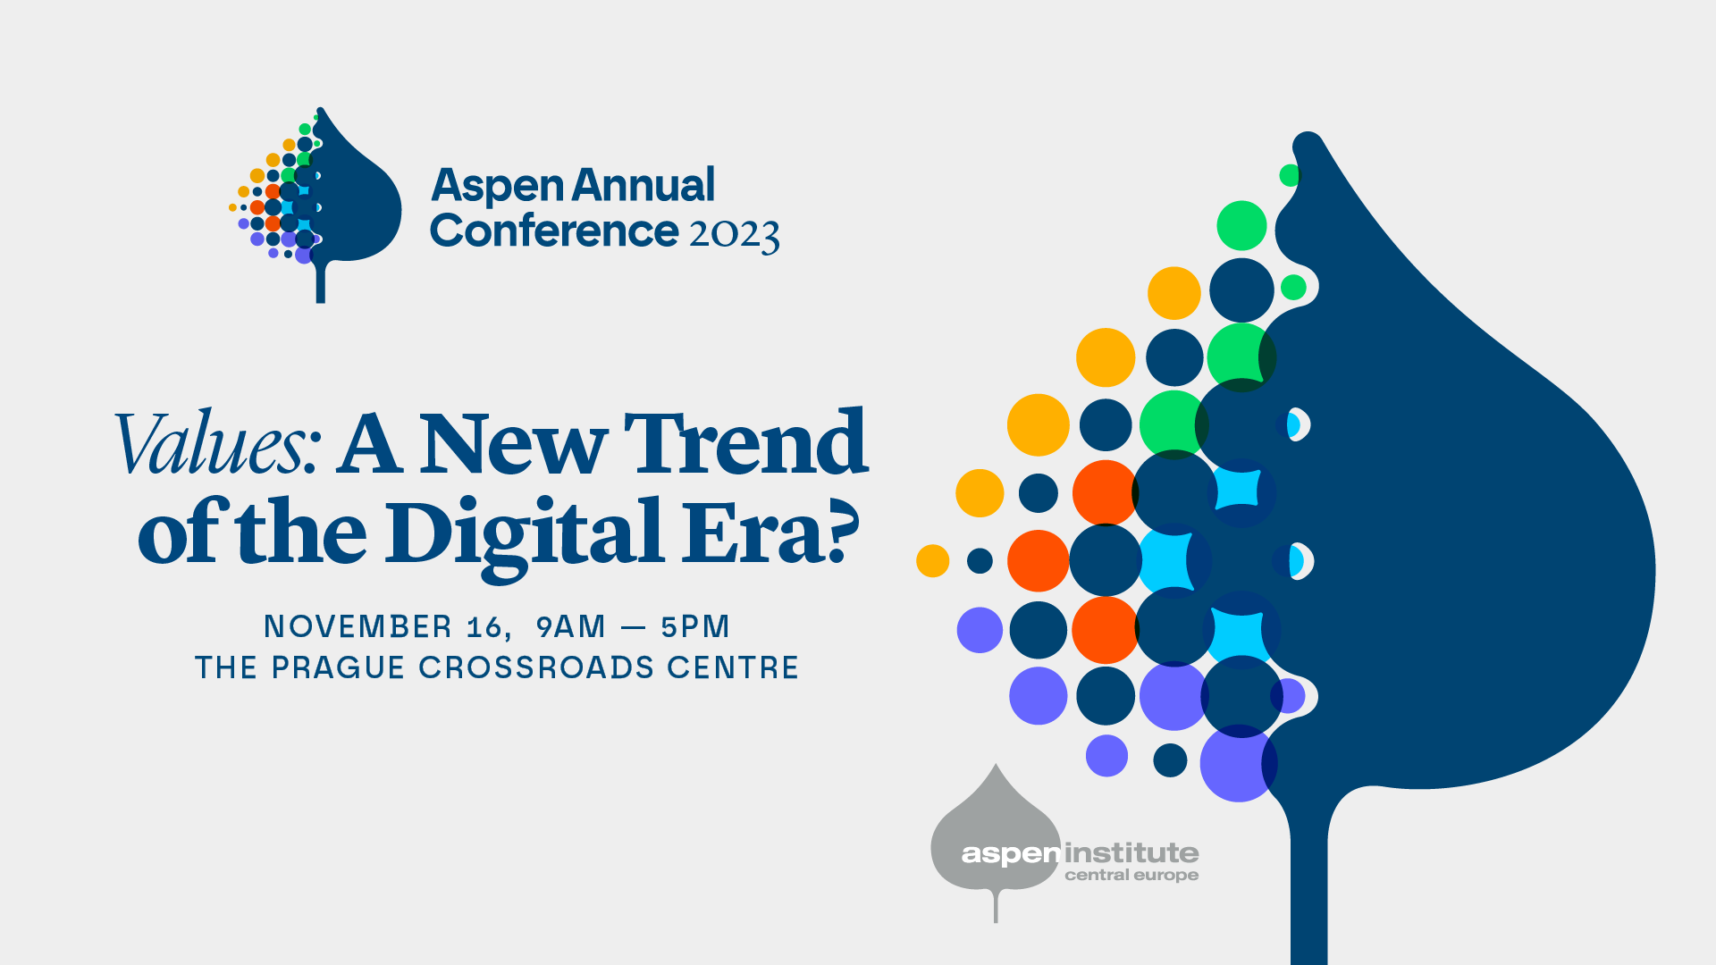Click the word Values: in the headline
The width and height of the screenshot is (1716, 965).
click(217, 443)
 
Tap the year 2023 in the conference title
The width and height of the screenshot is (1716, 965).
click(735, 234)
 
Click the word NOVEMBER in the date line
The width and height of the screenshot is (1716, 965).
click(357, 626)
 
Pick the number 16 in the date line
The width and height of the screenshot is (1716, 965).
click(485, 627)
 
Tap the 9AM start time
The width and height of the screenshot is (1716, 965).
click(571, 626)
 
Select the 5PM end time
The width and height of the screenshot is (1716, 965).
click(695, 626)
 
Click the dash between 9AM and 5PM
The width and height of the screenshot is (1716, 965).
click(633, 628)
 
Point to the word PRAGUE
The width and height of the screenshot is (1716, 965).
click(338, 667)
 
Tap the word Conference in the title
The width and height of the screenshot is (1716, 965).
click(554, 231)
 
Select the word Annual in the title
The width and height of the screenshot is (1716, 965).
click(643, 185)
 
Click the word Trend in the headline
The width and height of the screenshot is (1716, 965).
click(745, 443)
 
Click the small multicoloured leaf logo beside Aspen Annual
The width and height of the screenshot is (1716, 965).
click(315, 205)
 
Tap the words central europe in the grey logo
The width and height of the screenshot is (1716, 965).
click(1131, 876)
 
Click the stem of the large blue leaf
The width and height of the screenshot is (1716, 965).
click(1308, 885)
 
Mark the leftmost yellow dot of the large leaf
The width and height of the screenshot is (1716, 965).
click(932, 561)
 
